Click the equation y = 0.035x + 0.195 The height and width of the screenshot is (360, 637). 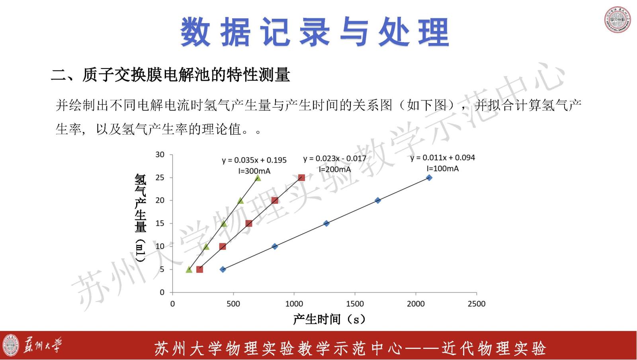254,160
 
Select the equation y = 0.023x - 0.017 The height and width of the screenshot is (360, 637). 335,158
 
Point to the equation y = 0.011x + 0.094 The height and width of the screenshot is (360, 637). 442,158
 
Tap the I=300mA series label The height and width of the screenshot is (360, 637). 254,171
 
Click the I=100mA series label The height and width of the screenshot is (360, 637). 442,168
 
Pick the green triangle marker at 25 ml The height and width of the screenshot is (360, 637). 258,178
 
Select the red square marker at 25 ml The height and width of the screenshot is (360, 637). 301,178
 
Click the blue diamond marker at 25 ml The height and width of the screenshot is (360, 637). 430,178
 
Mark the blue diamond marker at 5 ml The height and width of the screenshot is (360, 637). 223,269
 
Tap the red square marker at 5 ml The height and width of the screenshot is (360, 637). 199,269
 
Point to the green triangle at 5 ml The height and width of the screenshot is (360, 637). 189,270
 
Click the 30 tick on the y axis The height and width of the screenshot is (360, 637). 160,155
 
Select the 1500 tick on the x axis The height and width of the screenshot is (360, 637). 355,304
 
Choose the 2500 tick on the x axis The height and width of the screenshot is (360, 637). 477,304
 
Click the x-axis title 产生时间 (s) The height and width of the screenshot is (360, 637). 329,319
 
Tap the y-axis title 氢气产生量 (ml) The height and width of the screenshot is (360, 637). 141,218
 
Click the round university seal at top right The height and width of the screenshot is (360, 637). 617,20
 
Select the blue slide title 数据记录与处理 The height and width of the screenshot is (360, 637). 315,31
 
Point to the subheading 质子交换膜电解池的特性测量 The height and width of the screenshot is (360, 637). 186,75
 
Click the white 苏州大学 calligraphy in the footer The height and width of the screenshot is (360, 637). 42,345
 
